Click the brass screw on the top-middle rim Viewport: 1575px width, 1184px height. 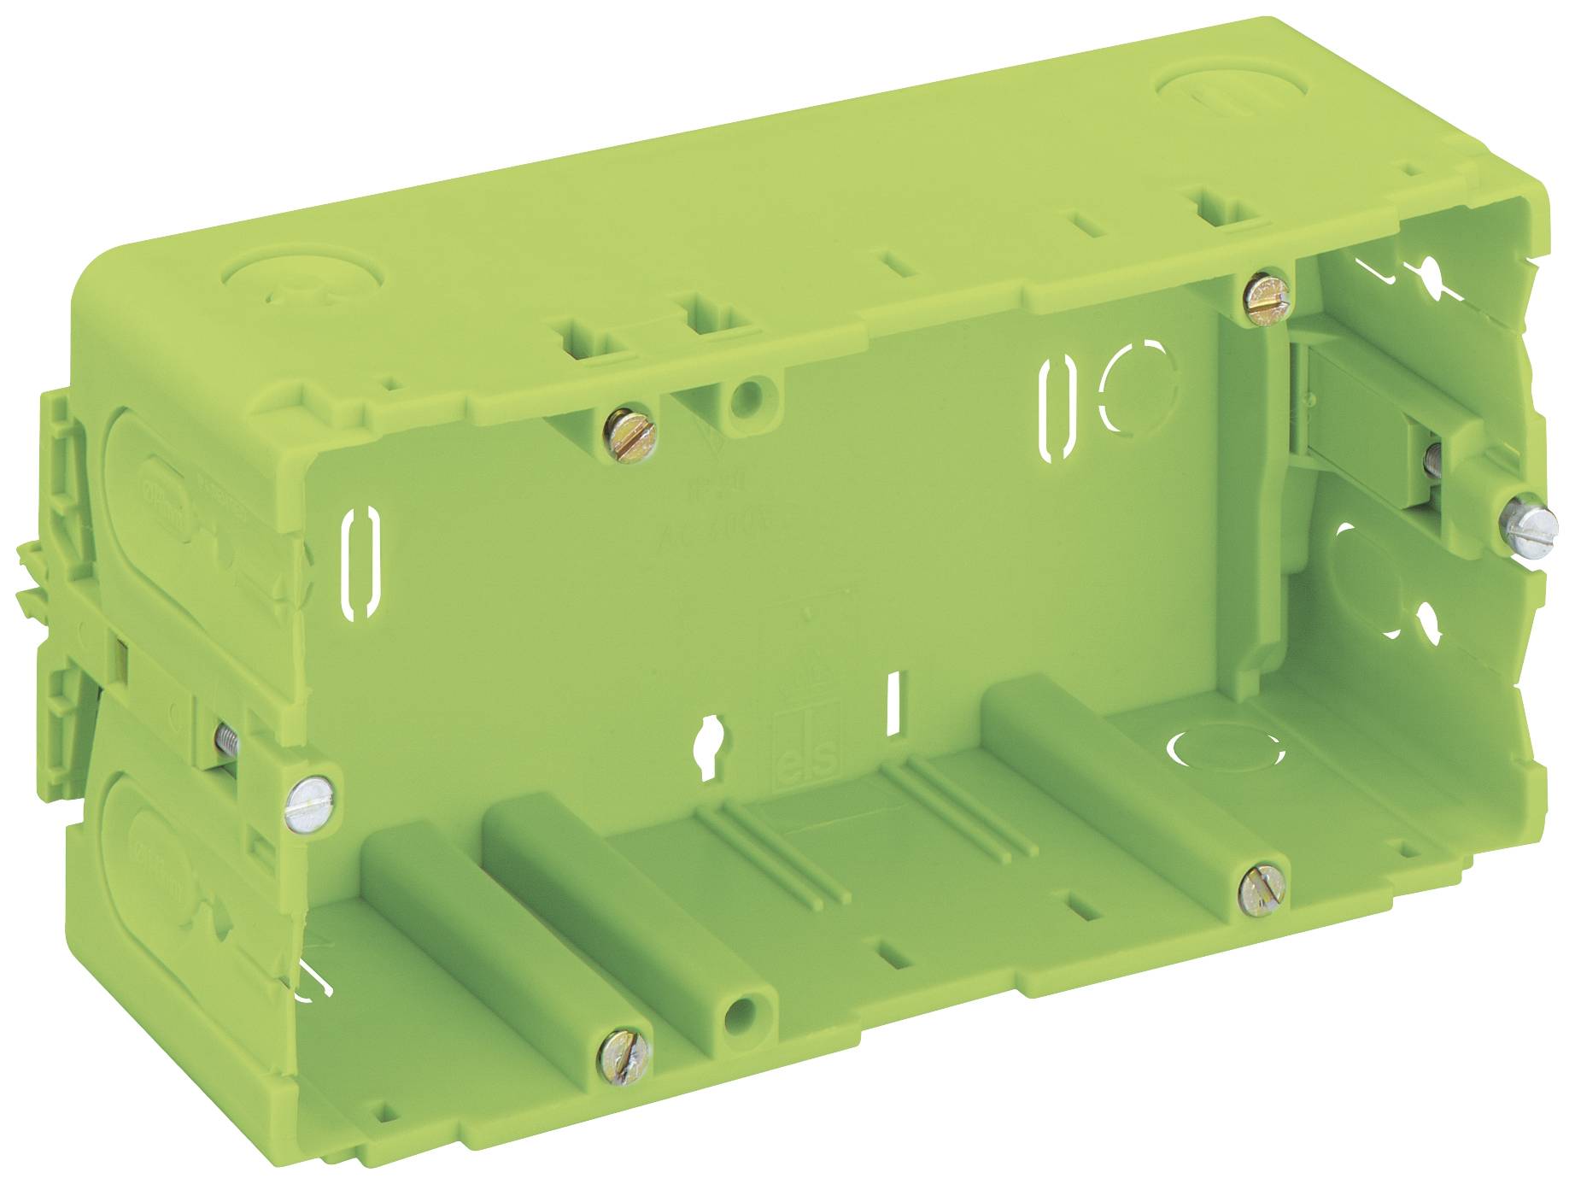(x=630, y=434)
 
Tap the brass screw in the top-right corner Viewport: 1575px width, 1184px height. (x=1268, y=297)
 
